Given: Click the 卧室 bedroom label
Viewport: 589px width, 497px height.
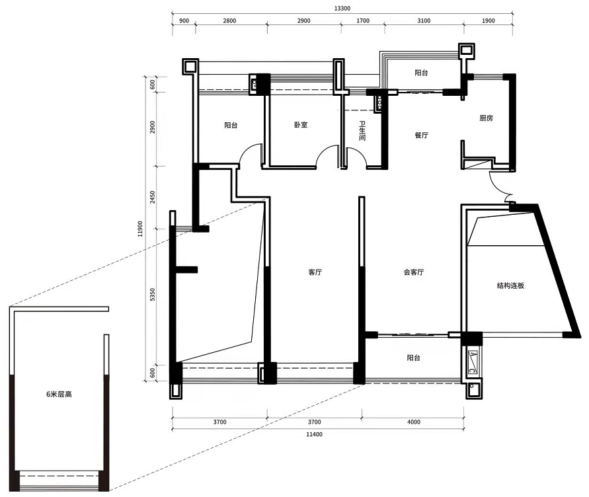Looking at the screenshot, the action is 301,125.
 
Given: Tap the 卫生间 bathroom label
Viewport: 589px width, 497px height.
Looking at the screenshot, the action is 362,131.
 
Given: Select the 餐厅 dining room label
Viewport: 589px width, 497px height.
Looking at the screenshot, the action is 422,135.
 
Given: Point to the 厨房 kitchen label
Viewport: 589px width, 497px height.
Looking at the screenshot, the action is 486,118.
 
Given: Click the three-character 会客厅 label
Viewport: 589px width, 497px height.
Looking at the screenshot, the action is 414,272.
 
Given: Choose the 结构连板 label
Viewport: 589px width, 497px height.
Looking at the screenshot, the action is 510,286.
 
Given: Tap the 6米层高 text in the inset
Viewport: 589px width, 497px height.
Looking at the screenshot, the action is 59,394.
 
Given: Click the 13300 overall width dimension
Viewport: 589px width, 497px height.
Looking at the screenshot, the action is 342,9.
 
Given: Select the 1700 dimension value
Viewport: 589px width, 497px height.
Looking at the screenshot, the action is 363,20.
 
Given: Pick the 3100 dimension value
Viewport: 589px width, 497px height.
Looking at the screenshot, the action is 424,20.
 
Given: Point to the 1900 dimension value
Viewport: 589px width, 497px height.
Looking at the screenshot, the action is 489,20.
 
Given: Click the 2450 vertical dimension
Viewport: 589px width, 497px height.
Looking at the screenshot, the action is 153,197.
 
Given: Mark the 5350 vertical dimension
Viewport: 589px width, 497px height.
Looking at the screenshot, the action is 153,295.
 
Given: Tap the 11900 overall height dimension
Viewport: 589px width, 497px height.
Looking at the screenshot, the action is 140,229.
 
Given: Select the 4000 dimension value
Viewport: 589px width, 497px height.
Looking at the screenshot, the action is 414,422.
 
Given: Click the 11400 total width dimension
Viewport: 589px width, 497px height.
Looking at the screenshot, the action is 314,434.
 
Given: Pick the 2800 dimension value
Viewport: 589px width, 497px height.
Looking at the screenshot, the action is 229,20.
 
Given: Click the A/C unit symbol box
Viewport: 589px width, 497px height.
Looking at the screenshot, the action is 473,363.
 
